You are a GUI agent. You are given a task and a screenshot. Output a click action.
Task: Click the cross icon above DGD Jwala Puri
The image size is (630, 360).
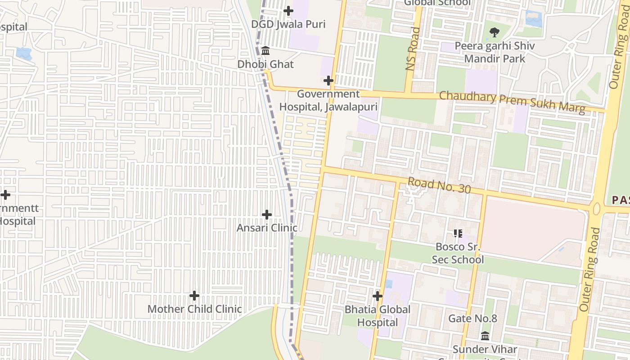(x=288, y=10)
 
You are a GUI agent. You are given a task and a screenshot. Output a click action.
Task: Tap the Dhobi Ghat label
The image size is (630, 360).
(x=265, y=64)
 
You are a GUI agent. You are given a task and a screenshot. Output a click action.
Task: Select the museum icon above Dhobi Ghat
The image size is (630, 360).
(x=265, y=50)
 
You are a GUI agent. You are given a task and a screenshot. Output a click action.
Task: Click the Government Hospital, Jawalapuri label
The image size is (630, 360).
(x=328, y=100)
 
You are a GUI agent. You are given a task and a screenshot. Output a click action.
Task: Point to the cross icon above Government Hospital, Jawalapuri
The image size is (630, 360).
(x=328, y=81)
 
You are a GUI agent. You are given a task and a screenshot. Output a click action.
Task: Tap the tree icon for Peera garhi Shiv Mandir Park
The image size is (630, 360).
(x=495, y=32)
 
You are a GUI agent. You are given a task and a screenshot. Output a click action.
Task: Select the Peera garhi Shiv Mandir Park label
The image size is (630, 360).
(x=495, y=52)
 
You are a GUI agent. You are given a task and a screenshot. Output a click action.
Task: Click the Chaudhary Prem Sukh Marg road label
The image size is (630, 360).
(x=512, y=102)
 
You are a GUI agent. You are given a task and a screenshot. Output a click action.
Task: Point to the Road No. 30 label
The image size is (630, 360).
(x=439, y=185)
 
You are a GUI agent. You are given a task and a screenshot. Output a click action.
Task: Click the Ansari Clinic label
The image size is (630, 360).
(x=267, y=228)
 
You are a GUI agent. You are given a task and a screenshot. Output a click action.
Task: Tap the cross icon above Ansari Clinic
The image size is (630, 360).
(x=267, y=215)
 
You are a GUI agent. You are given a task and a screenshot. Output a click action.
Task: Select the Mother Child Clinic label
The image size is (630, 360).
(x=194, y=309)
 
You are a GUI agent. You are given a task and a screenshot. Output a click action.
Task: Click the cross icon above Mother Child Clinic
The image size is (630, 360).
(x=194, y=296)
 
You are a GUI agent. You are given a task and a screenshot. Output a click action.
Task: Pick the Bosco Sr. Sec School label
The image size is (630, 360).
(x=458, y=253)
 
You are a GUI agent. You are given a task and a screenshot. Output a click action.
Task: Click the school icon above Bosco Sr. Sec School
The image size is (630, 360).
(x=458, y=234)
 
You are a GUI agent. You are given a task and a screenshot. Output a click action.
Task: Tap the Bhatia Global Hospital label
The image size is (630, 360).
(x=378, y=316)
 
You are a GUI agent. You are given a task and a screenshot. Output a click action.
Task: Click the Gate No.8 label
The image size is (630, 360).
(x=472, y=319)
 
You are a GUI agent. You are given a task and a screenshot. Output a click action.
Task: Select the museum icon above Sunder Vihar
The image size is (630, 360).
(x=485, y=336)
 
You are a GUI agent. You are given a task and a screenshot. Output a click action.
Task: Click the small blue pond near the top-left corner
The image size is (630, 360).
(x=24, y=53)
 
